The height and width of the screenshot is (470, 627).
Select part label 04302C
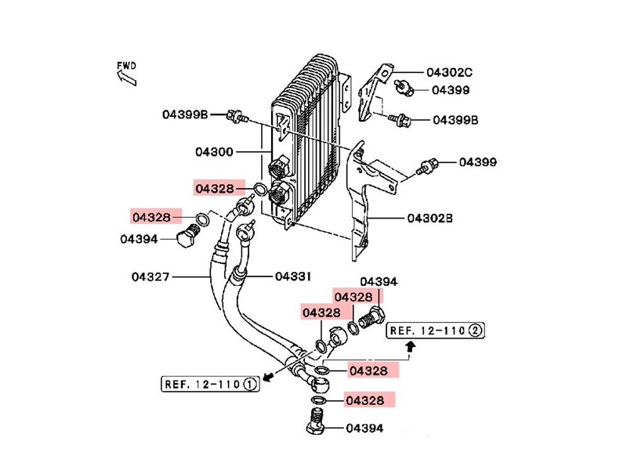coord(449,72)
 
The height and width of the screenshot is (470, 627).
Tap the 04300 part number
coord(214,152)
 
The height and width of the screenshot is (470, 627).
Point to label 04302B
coord(429,219)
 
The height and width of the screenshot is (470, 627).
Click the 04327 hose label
coord(150,277)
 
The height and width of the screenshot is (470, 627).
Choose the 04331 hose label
coord(293,277)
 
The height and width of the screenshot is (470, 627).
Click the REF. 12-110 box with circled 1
coord(210,384)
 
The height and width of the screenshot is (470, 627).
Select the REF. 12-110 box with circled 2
coord(436,331)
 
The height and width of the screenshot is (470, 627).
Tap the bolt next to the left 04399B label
coord(237,116)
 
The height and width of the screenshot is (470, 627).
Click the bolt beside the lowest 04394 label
coord(317,421)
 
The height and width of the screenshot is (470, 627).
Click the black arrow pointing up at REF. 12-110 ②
coord(410,346)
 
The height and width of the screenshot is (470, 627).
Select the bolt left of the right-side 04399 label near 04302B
coord(427,165)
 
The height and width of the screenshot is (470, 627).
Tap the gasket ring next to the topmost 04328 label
coord(260,189)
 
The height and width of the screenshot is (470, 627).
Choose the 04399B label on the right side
coord(455,120)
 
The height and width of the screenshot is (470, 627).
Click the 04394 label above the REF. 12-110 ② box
coord(379,282)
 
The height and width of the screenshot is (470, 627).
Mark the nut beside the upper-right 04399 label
coord(404,87)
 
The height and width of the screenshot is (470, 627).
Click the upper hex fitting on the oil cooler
coord(279,167)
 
